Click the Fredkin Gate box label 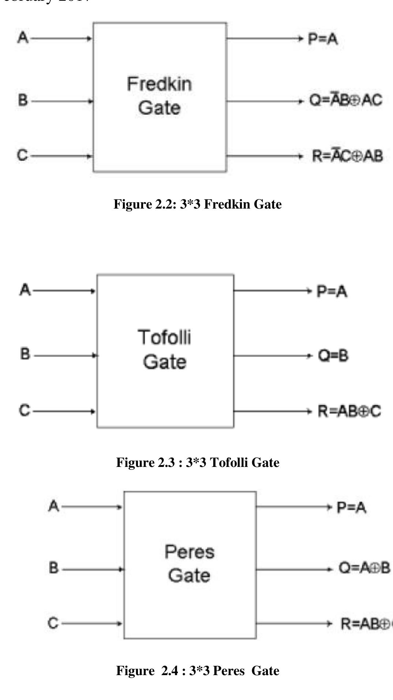159,96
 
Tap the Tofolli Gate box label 164,349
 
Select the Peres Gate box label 189,564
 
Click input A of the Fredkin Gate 23,37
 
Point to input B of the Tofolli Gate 25,354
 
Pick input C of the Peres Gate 53,623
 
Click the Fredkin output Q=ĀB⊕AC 345,100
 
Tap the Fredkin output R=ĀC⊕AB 347,156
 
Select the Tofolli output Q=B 333,355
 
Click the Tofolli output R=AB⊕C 349,411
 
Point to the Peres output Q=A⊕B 364,568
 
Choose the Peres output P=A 351,507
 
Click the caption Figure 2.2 198,204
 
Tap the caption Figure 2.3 198,463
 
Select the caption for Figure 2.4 198,671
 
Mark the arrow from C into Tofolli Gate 64,411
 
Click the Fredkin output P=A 322,38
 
